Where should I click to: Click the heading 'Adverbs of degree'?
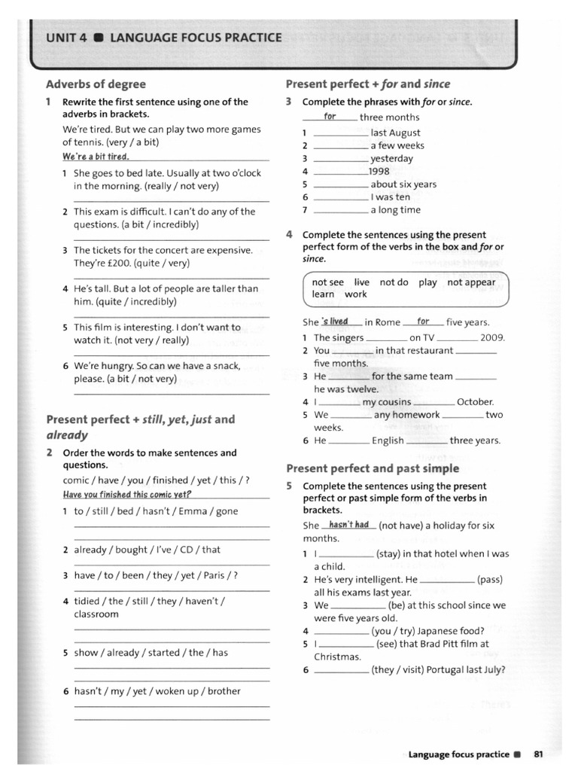pyautogui.click(x=96, y=84)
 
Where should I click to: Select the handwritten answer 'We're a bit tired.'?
pyautogui.click(x=96, y=157)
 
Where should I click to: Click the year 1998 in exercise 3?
pyautogui.click(x=379, y=171)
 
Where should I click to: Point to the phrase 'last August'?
pyautogui.click(x=396, y=133)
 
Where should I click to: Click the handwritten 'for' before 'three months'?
pyautogui.click(x=330, y=117)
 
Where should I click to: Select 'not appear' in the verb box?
pyautogui.click(x=471, y=282)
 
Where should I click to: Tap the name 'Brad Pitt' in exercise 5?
pyautogui.click(x=446, y=644)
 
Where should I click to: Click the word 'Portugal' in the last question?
pyautogui.click(x=453, y=669)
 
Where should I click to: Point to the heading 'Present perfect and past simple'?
pyautogui.click(x=373, y=468)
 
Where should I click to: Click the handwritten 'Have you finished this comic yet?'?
pyautogui.click(x=127, y=495)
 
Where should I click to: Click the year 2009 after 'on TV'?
pyautogui.click(x=492, y=338)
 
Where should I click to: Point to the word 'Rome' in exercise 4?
pyautogui.click(x=388, y=322)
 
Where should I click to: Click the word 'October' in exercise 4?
pyautogui.click(x=475, y=402)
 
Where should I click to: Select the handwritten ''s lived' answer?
pyautogui.click(x=334, y=322)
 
